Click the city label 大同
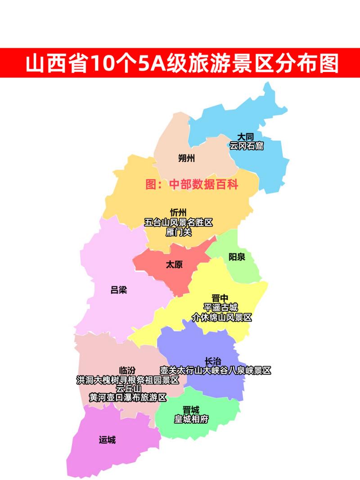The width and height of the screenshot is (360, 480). pyautogui.click(x=246, y=137)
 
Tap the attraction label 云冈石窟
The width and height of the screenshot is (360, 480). pyautogui.click(x=246, y=146)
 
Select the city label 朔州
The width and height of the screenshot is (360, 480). pyautogui.click(x=186, y=158)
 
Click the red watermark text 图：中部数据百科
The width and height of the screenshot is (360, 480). pyautogui.click(x=192, y=184)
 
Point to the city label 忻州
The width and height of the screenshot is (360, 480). pyautogui.click(x=178, y=212)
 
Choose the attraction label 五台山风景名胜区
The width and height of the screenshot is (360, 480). pyautogui.click(x=178, y=222)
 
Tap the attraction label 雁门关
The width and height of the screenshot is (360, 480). pyautogui.click(x=178, y=232)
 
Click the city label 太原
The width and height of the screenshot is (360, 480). pyautogui.click(x=174, y=264)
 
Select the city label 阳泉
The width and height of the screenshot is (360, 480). pyautogui.click(x=237, y=257)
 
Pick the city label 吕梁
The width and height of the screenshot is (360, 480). pyautogui.click(x=119, y=290)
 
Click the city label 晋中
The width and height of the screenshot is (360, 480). pyautogui.click(x=220, y=298)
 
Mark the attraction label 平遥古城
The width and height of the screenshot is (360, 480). pyautogui.click(x=220, y=308)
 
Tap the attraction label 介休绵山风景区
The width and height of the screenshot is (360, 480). pyautogui.click(x=221, y=318)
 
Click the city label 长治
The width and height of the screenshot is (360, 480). pyautogui.click(x=213, y=361)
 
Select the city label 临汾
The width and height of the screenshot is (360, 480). pyautogui.click(x=127, y=370)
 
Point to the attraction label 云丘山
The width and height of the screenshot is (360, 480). pyautogui.click(x=128, y=389)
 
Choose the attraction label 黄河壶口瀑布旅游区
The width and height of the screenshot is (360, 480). pyautogui.click(x=128, y=398)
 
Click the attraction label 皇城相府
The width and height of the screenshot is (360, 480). pyautogui.click(x=191, y=419)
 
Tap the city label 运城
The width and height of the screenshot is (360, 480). pyautogui.click(x=107, y=440)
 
